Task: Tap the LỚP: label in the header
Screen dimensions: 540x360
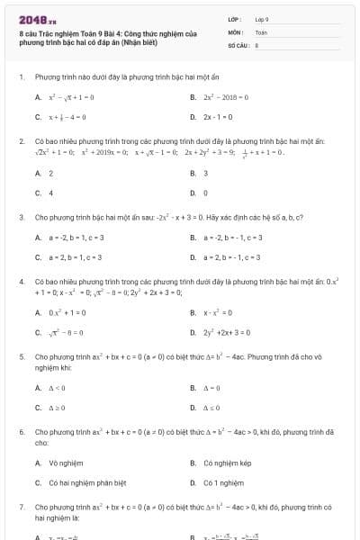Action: pyautogui.click(x=235, y=18)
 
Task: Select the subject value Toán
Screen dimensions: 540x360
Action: pyautogui.click(x=261, y=31)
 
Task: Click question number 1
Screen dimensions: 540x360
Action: pyautogui.click(x=21, y=77)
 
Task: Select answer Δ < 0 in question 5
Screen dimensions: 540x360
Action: pyautogui.click(x=57, y=388)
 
